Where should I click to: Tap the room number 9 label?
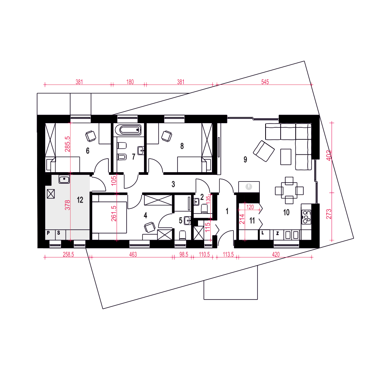tap(245, 160)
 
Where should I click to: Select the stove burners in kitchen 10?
tap(307, 217)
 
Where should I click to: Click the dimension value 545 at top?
tap(265, 82)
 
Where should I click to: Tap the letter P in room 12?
tap(49, 233)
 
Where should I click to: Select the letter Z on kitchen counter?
tap(278, 233)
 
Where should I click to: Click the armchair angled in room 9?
tap(264, 151)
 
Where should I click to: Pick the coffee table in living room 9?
tap(286, 156)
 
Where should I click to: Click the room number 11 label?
tap(252, 221)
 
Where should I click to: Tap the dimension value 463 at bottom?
tap(133, 255)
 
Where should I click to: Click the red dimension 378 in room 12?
tap(68, 205)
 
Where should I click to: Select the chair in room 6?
tap(91, 135)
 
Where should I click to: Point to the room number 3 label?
tap(173, 185)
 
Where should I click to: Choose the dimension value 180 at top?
tap(130, 82)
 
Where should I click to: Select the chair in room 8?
tap(167, 135)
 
